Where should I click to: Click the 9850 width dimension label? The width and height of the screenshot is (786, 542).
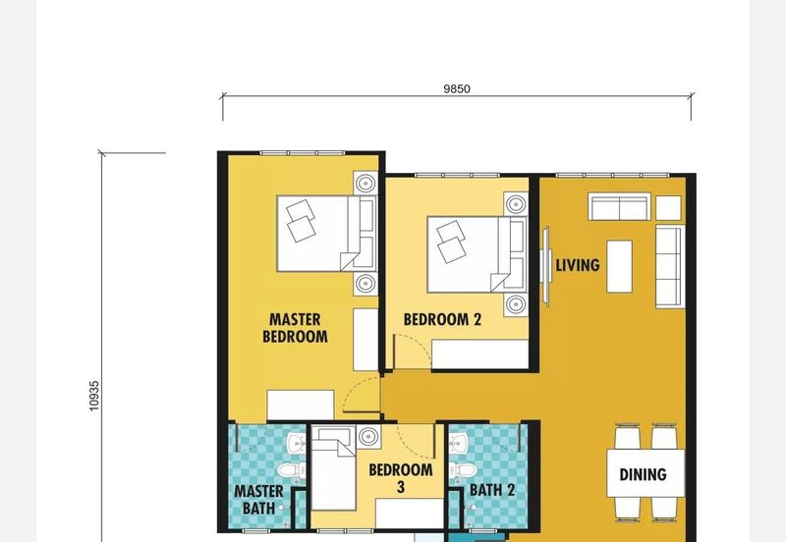[457, 88]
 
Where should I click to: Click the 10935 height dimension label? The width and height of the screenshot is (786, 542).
[94, 396]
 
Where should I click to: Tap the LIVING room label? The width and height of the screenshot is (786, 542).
[578, 265]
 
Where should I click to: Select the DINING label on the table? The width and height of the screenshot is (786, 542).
[644, 474]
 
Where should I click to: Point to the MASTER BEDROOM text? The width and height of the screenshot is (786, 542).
[296, 328]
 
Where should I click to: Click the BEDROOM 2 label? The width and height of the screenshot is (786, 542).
[442, 319]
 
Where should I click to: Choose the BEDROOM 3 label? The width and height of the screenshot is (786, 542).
[401, 478]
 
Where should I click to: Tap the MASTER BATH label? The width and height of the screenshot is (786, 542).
[258, 500]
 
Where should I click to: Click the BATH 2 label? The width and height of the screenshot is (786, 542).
[492, 490]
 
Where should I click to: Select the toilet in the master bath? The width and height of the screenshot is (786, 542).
[291, 470]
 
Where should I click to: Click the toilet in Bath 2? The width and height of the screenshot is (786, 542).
[463, 470]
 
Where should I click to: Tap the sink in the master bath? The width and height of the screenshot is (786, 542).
[297, 443]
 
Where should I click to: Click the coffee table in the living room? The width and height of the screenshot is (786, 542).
[620, 266]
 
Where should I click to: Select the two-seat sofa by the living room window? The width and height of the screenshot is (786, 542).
[620, 207]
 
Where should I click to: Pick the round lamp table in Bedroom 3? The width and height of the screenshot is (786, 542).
[368, 437]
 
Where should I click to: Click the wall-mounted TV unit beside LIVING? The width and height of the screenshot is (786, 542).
[546, 266]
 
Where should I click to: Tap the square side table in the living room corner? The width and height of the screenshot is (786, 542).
[669, 208]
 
